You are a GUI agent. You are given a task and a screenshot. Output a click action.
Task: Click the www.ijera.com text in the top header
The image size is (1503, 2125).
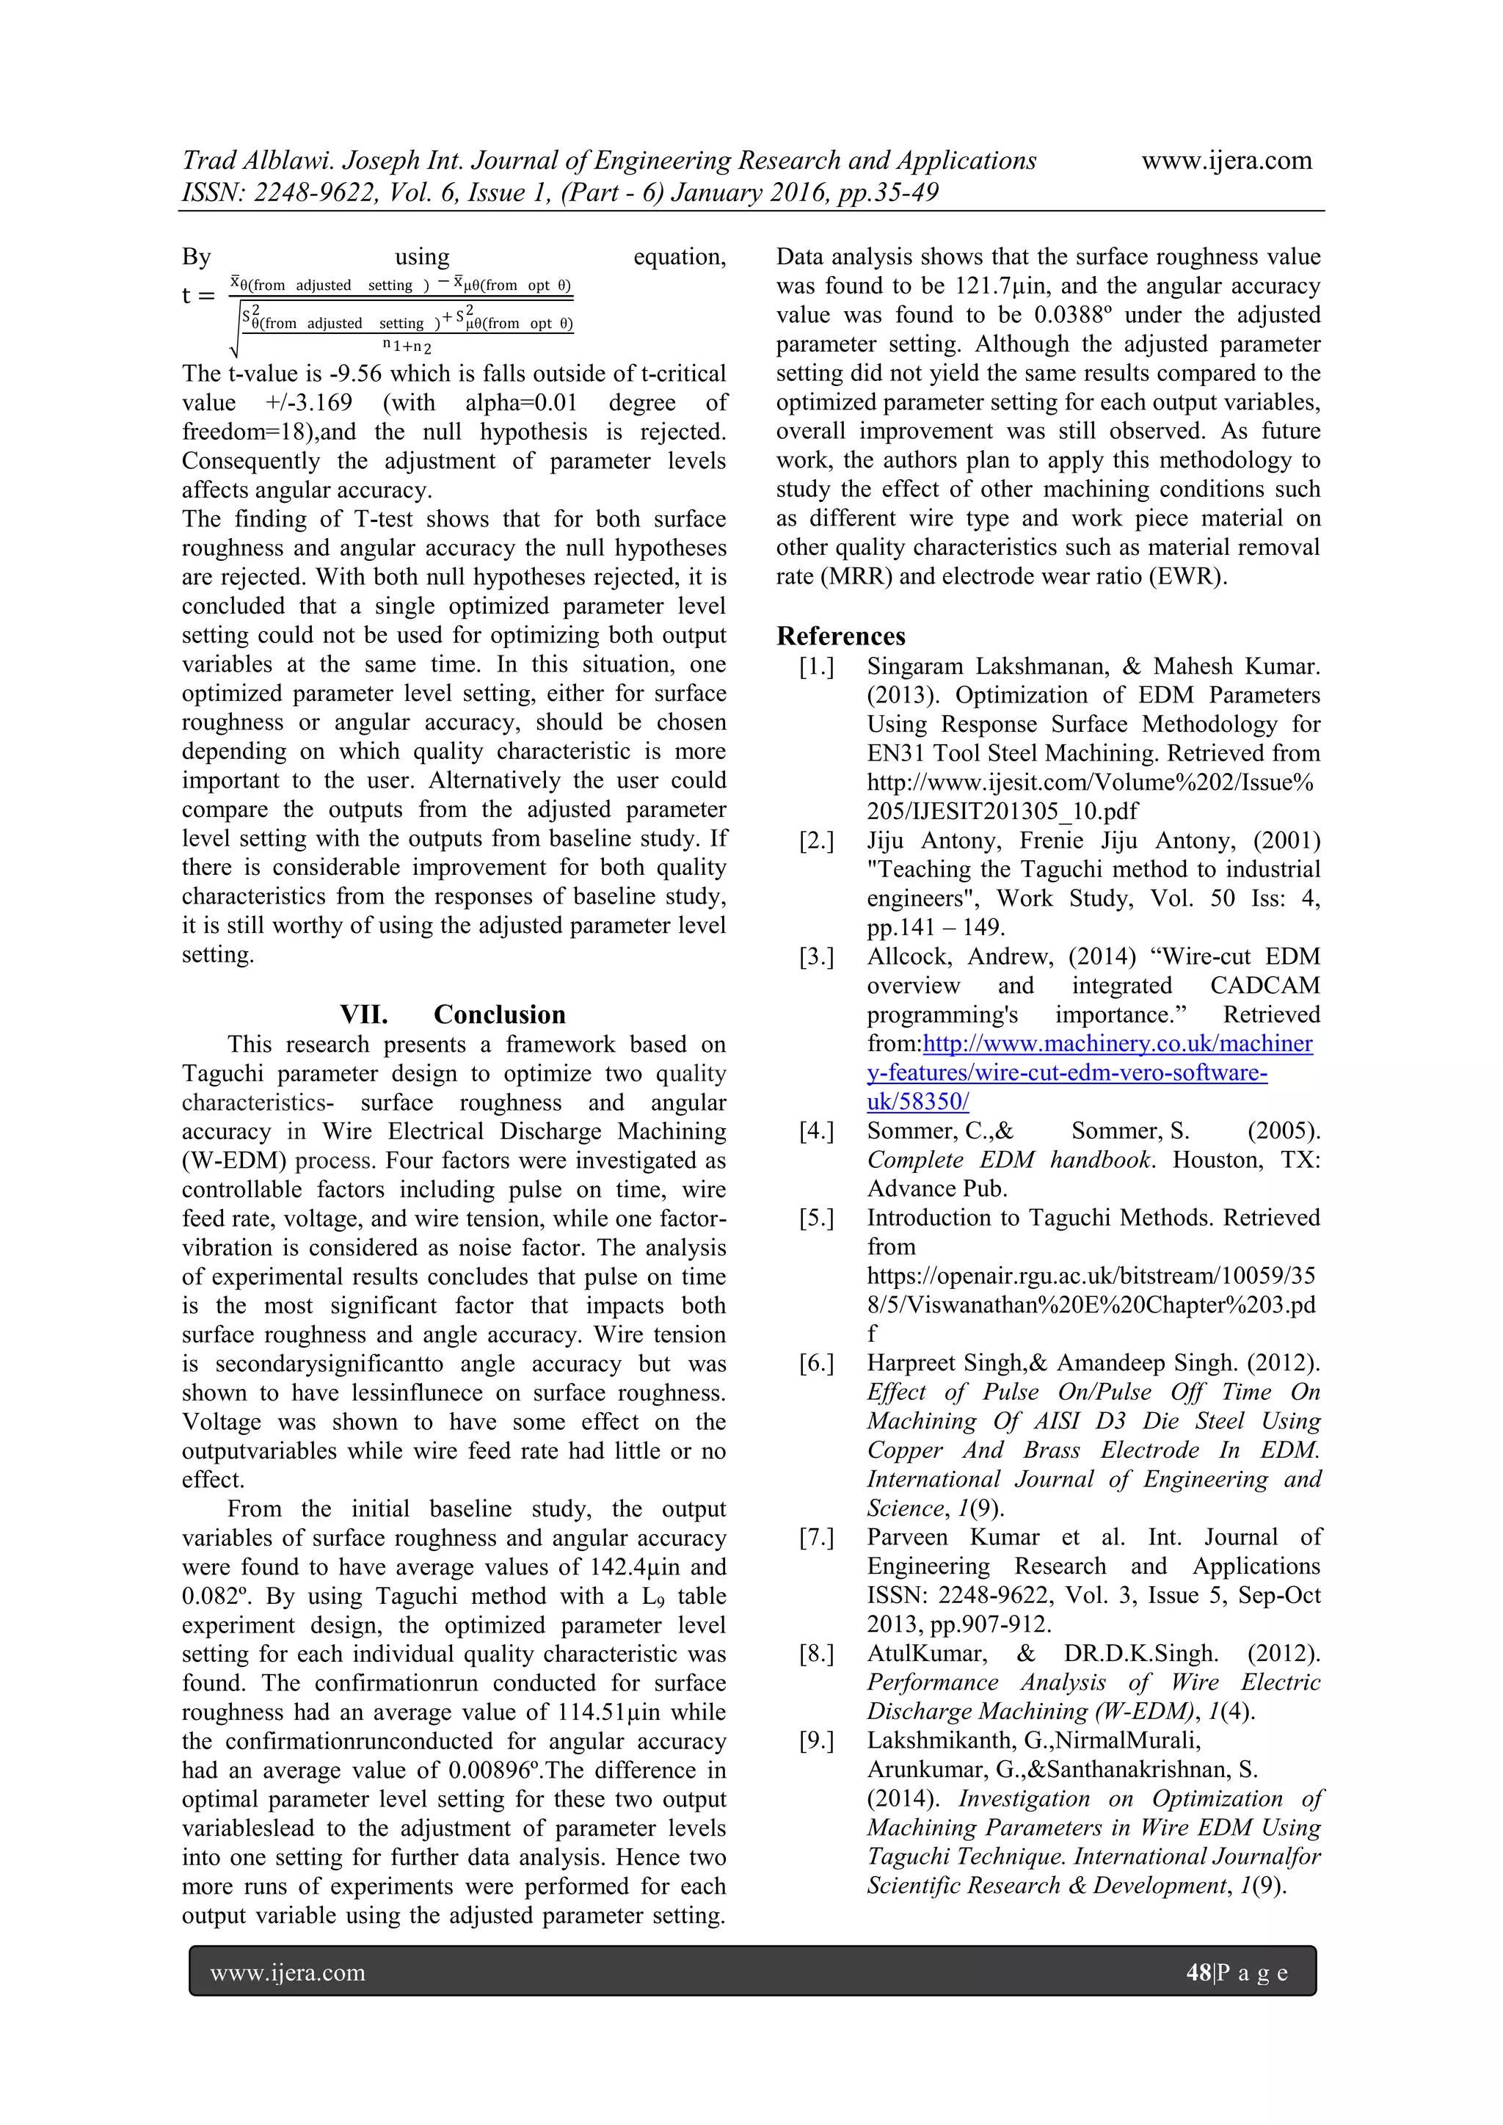[x=1226, y=161]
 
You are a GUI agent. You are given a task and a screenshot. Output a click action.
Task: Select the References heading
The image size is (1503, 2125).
[x=840, y=636]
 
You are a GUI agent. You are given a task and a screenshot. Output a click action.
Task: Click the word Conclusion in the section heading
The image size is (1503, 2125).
[x=499, y=1014]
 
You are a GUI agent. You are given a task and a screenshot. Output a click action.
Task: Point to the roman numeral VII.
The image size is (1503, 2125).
[x=364, y=1014]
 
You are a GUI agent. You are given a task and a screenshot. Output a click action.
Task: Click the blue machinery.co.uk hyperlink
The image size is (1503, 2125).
[x=1116, y=1044]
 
